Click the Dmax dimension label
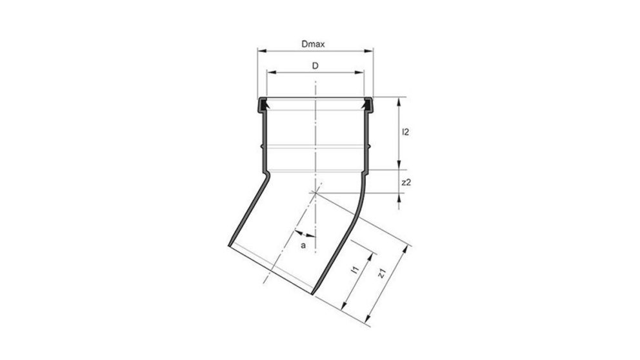click(x=312, y=44)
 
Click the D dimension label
click(x=315, y=66)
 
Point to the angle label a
click(x=303, y=246)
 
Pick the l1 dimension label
click(x=354, y=272)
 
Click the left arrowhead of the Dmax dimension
click(x=261, y=50)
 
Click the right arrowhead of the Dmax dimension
click(x=371, y=50)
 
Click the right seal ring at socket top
click(x=368, y=103)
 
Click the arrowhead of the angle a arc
click(x=298, y=231)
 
